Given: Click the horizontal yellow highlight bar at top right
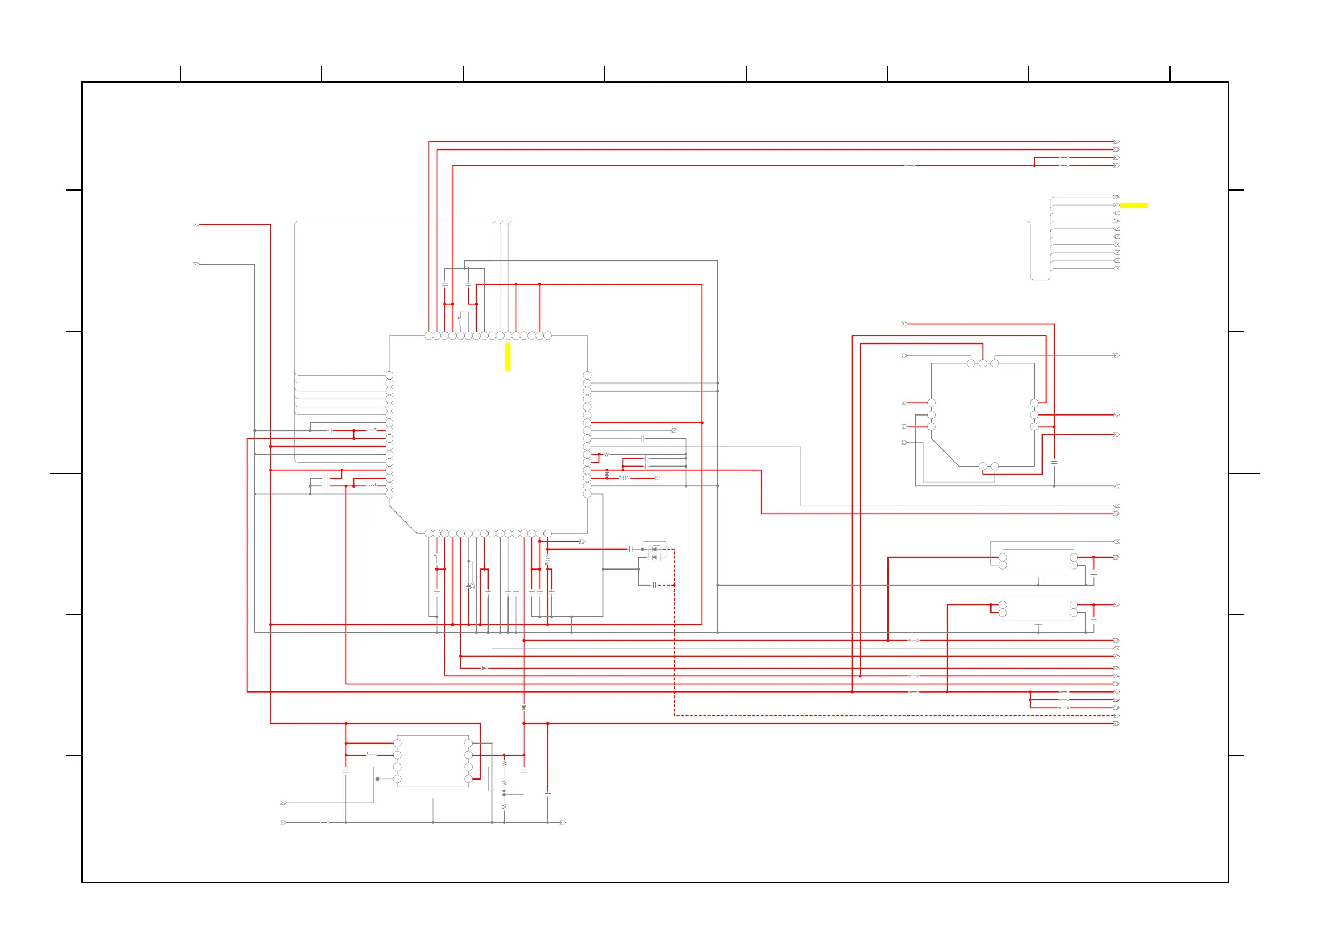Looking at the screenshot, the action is coord(1133,205).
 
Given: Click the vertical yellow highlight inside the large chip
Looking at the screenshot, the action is coord(507,357).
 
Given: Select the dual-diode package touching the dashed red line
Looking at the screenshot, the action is coord(654,553).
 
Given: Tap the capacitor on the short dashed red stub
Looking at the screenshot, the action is coord(654,585).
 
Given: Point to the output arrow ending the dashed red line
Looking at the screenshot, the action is coord(1116,716).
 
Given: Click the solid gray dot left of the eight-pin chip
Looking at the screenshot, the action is coord(377,779).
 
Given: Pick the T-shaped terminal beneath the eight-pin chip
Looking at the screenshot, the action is coord(433,792).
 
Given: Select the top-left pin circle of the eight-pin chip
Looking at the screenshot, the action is coord(397,744).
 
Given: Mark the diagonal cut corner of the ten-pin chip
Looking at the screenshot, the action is coord(945,453).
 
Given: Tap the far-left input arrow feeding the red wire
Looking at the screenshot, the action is coord(196,225).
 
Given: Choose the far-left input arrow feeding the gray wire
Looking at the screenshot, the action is coord(196,264).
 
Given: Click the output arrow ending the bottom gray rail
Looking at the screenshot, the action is coord(562,823).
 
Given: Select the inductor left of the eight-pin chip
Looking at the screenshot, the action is coord(372,755).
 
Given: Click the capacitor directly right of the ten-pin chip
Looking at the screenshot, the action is coord(1054,462).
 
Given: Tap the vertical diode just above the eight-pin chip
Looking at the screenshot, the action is coord(524,708).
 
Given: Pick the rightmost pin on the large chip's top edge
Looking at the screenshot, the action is coord(547,336).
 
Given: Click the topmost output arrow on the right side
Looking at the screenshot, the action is coord(1116,142).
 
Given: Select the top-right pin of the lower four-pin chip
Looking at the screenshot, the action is coord(1074,605).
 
